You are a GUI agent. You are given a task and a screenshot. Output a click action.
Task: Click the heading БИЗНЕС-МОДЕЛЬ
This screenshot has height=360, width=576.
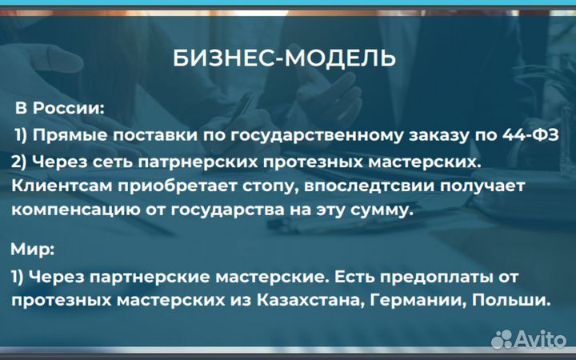[x=284, y=58]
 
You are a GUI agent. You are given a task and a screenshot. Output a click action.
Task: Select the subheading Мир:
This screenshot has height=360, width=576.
[x=33, y=250]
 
